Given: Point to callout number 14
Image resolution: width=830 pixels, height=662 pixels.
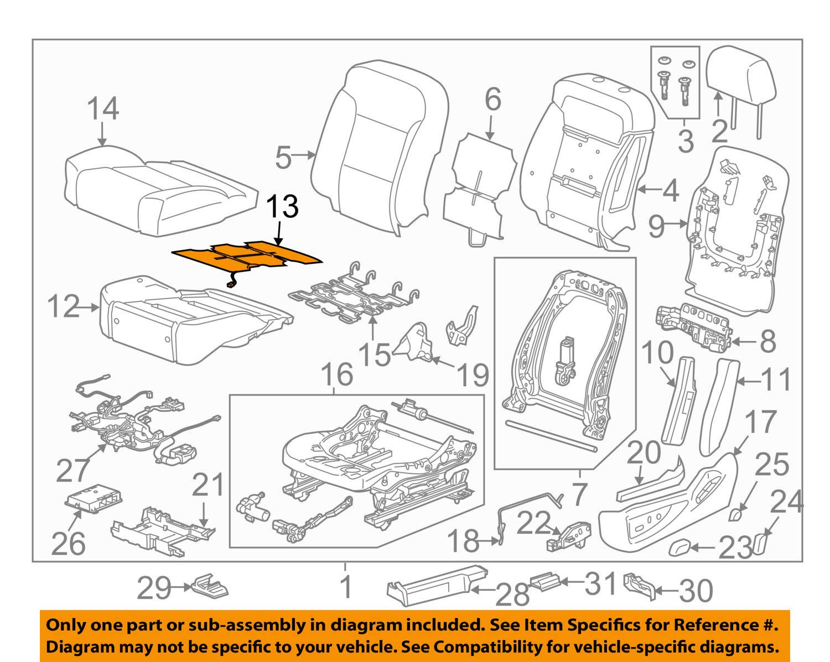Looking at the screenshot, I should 103,108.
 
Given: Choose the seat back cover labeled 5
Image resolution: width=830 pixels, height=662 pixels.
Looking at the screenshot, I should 382,149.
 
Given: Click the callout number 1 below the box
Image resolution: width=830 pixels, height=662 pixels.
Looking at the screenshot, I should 346,587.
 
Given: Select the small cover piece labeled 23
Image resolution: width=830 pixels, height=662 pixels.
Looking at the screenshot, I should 679,548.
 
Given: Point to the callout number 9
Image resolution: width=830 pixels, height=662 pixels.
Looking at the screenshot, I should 656,226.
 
